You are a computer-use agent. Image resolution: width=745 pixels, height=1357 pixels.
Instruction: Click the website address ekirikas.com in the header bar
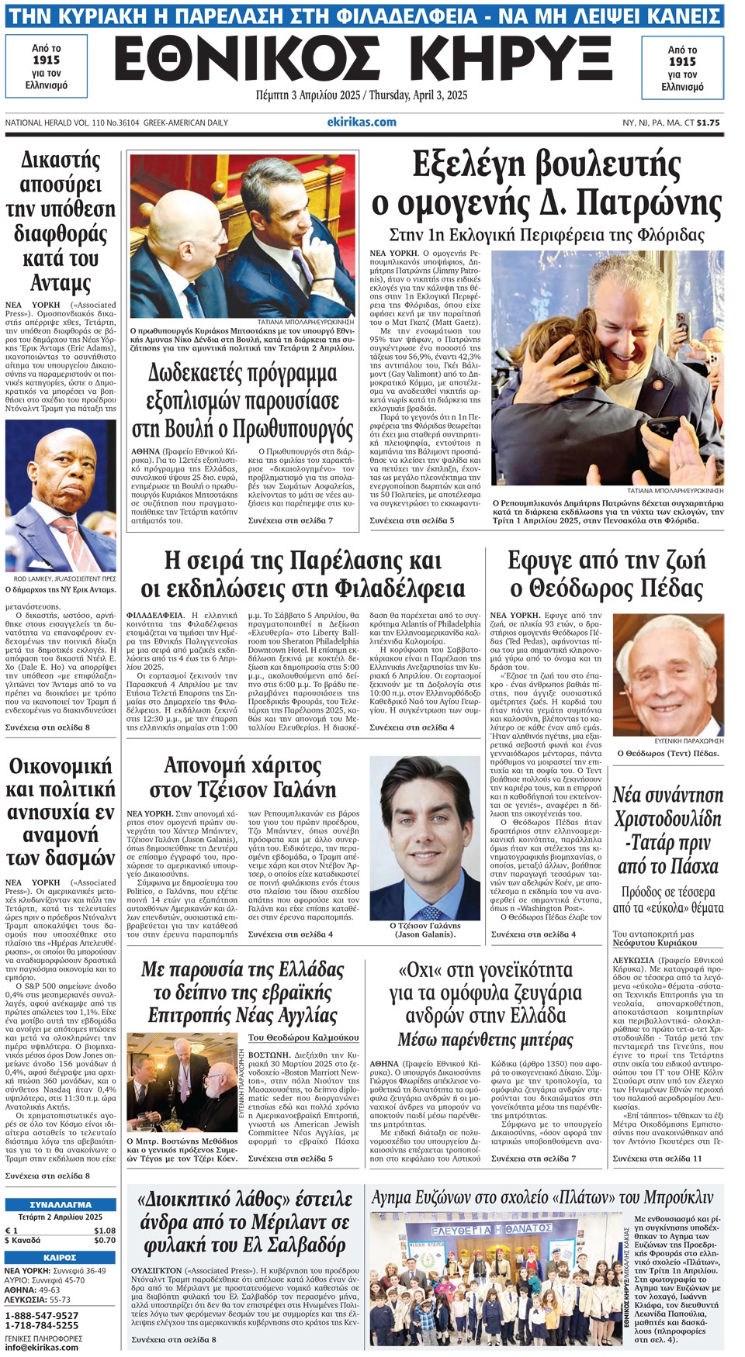pos(362,122)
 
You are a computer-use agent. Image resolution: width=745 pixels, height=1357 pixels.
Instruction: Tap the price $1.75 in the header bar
pos(708,123)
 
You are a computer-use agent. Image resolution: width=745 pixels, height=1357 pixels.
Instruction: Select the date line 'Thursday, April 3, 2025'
pos(418,95)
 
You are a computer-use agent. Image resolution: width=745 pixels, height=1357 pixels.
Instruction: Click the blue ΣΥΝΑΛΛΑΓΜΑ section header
pos(61,1205)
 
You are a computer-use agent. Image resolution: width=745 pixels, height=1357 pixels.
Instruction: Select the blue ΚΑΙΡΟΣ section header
pos(61,1257)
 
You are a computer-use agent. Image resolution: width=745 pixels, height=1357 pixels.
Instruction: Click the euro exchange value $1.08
pos(104,1231)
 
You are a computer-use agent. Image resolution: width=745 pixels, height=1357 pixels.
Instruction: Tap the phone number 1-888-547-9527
pos(42,1315)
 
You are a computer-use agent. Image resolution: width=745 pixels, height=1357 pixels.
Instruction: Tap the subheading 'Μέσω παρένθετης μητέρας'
pos(485,1039)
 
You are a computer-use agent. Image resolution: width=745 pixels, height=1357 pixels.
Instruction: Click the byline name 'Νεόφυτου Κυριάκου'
pos(655,943)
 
